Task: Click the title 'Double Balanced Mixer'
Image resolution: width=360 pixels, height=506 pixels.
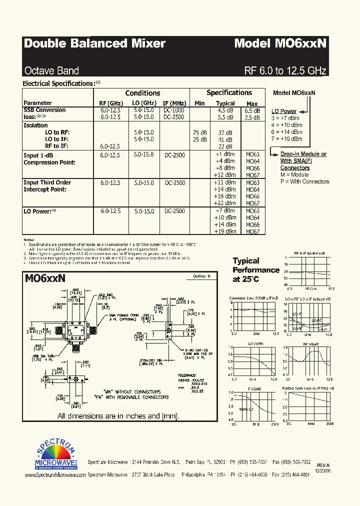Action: coord(94,43)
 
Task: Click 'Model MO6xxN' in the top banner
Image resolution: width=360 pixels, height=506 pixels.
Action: coord(280,43)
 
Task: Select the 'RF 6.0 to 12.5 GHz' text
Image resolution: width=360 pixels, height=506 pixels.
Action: coord(285,70)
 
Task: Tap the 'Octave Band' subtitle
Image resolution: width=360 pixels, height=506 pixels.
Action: coord(51,70)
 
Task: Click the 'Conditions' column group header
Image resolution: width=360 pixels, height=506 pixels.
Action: coord(142,93)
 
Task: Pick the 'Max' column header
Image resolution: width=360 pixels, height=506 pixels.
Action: coord(252,103)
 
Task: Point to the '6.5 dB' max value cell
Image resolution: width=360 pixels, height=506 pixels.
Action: coord(252,110)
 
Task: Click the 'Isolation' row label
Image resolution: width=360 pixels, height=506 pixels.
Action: coord(35,125)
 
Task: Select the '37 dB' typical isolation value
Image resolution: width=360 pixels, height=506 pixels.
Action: coord(225,132)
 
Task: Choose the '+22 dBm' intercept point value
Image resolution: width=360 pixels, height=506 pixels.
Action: coord(225,203)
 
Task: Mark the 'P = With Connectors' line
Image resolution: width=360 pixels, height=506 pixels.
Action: coord(304,181)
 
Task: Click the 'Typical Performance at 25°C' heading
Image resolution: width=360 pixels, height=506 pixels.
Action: coord(256,270)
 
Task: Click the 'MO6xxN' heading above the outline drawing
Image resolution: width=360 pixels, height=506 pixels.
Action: coord(45,277)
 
